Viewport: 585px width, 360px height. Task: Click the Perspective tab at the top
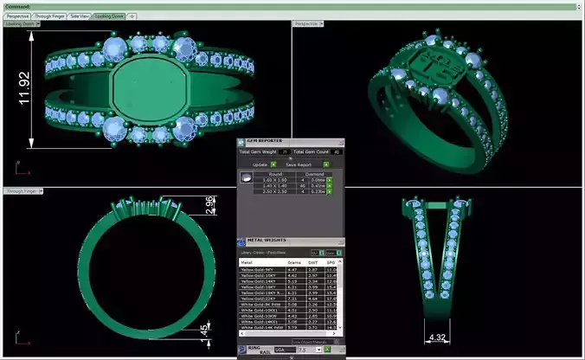pos(16,16)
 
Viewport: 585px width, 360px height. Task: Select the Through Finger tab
pos(48,16)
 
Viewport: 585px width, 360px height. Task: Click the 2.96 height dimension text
pos(209,204)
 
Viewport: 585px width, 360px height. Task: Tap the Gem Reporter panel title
pos(265,140)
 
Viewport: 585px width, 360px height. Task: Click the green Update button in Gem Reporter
pos(273,164)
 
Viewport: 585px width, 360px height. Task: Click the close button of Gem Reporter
pos(341,140)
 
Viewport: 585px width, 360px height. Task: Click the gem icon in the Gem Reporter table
pos(247,177)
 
